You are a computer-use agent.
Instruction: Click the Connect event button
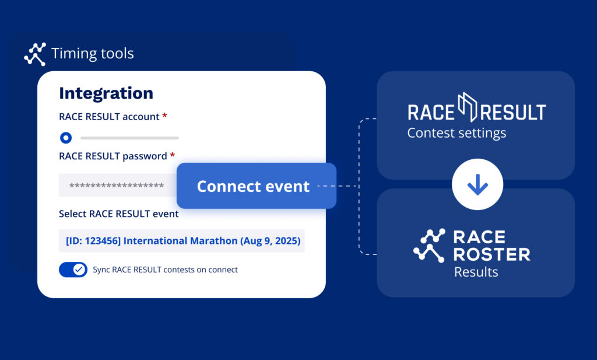257,186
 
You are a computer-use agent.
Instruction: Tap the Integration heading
106,93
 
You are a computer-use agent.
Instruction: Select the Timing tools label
93,53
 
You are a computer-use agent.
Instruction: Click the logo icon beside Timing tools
35,54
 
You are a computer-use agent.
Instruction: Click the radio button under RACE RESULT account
66,138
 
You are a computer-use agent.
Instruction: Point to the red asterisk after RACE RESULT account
165,115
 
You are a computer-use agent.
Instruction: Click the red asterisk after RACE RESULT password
173,155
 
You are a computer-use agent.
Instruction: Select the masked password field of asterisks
117,186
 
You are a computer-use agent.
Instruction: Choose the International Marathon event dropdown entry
182,241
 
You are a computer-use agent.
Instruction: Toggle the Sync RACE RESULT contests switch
73,270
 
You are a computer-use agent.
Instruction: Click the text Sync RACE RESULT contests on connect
165,270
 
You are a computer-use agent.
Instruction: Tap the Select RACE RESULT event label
119,214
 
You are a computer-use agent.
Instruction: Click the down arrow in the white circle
477,184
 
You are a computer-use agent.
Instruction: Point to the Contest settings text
456,133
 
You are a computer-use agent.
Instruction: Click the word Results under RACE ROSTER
476,272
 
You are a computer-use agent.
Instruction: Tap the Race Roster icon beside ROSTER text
430,245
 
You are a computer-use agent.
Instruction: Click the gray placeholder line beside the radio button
129,138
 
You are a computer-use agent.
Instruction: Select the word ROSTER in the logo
492,254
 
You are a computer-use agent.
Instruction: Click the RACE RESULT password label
113,156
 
